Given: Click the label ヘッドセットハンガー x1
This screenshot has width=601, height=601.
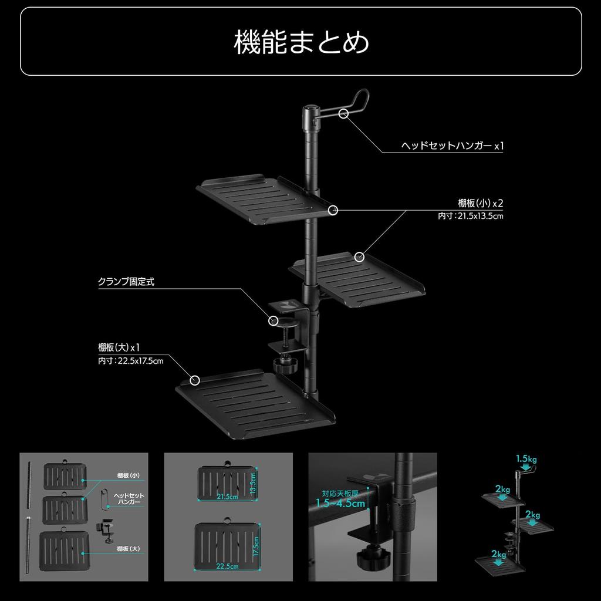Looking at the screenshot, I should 452,145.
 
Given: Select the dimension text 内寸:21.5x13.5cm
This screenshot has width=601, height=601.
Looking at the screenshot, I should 471,216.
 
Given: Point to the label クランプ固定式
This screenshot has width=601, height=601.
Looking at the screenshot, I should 126,282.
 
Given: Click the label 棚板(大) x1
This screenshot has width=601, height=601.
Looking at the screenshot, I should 119,347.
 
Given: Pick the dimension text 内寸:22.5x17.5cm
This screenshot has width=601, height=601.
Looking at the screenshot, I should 130,360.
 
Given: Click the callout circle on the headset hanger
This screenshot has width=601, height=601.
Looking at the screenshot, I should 344,113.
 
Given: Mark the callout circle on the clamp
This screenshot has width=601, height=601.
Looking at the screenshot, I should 273,320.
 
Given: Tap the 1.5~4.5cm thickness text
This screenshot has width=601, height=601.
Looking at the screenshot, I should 340,503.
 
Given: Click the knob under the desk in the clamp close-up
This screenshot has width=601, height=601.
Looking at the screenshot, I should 370,557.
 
